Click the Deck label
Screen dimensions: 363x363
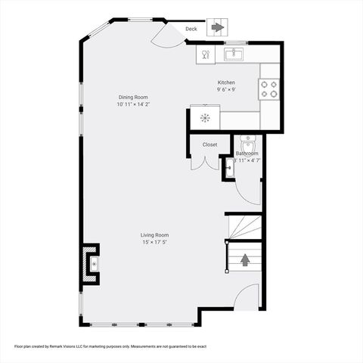[x=191, y=29]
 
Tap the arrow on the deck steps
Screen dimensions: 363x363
[x=217, y=28]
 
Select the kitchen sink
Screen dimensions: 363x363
[x=234, y=54]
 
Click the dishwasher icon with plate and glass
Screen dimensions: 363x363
[x=205, y=54]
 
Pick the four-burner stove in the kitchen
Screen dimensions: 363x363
[x=269, y=88]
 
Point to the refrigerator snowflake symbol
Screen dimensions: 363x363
[x=204, y=117]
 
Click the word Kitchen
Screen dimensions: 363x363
[x=226, y=82]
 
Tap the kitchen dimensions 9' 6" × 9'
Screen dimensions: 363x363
[x=226, y=90]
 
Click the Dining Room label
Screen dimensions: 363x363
[x=132, y=97]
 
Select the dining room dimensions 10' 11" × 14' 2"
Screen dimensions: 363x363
[x=132, y=104]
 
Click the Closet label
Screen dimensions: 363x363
[x=209, y=144]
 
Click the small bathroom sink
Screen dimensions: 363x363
[x=228, y=169]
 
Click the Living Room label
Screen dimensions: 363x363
[x=154, y=235]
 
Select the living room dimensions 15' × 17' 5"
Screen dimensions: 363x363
[x=154, y=243]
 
